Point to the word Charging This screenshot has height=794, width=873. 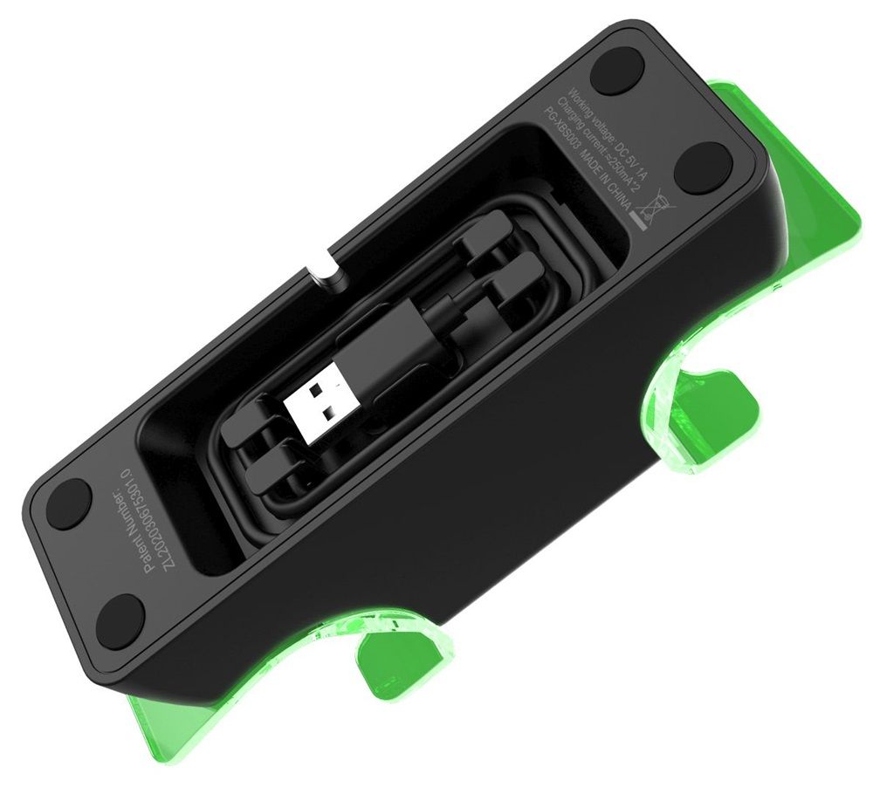[x=570, y=116]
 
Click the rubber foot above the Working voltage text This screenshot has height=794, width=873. [x=616, y=71]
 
